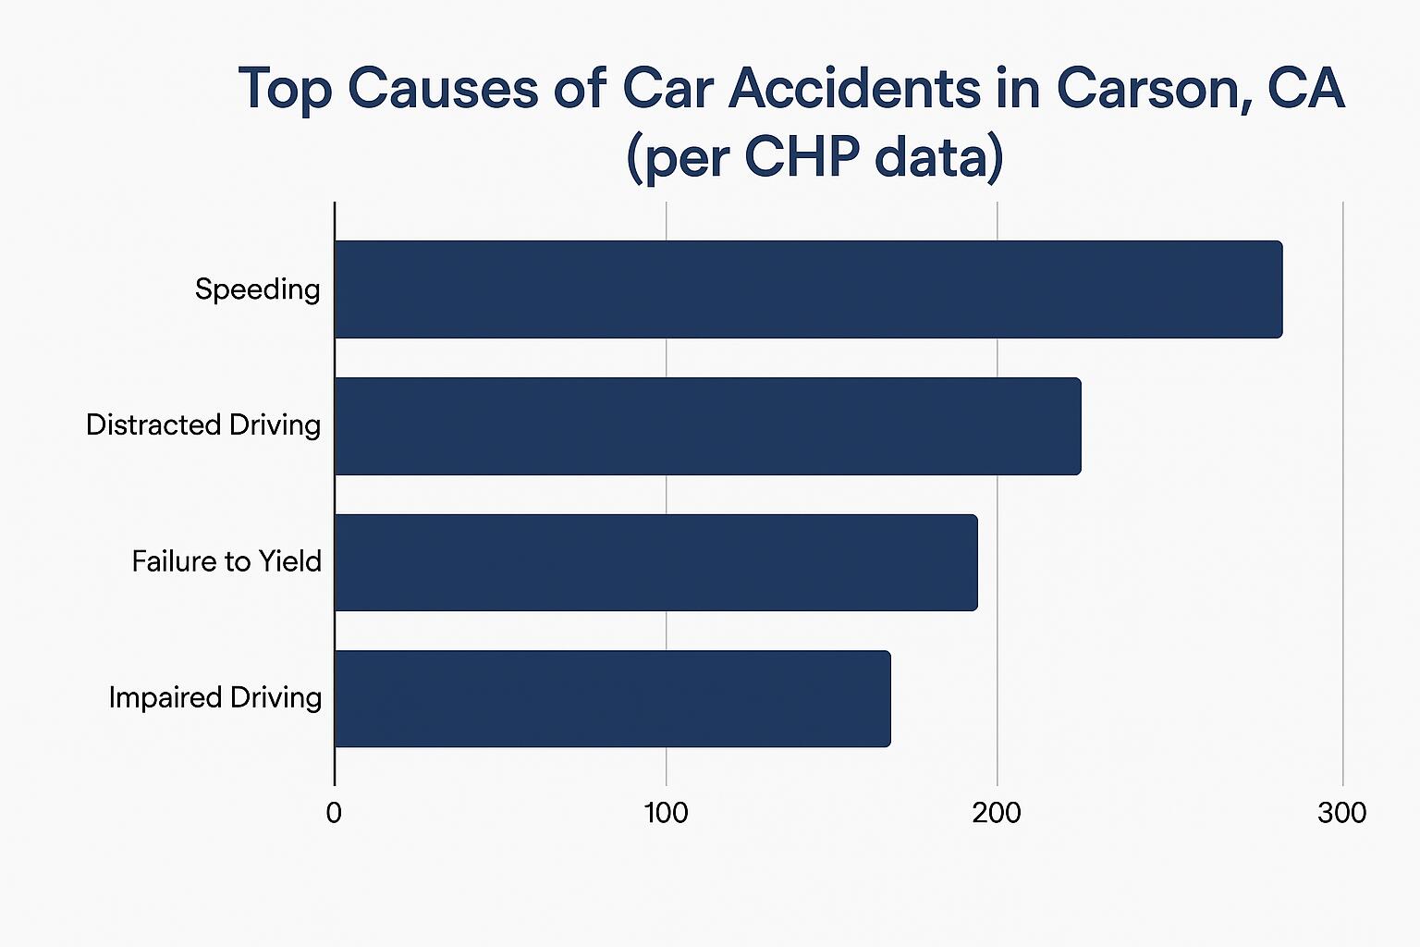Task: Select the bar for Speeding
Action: pyautogui.click(x=808, y=289)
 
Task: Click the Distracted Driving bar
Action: pyautogui.click(x=707, y=425)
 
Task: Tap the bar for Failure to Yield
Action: pyautogui.click(x=655, y=562)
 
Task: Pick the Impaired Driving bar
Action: pyautogui.click(x=612, y=698)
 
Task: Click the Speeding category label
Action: pyautogui.click(x=257, y=289)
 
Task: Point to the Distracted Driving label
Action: pyautogui.click(x=203, y=425)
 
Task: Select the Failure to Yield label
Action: pyautogui.click(x=226, y=561)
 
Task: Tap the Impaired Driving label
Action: pyautogui.click(x=215, y=697)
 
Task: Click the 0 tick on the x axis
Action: pyautogui.click(x=334, y=813)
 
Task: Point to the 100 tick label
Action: pyautogui.click(x=666, y=813)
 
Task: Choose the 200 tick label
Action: pyautogui.click(x=997, y=813)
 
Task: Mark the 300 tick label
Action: pyautogui.click(x=1341, y=813)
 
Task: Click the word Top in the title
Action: pyautogui.click(x=286, y=90)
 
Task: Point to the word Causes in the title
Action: pyautogui.click(x=444, y=90)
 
